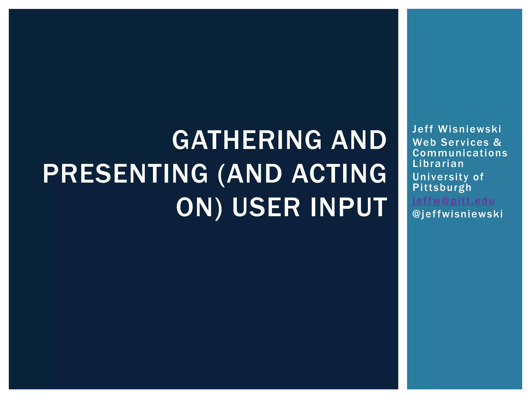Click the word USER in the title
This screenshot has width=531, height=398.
click(266, 207)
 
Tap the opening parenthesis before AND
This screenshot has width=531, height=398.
click(221, 175)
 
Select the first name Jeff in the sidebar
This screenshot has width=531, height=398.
click(423, 129)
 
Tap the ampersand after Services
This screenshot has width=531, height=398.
click(497, 142)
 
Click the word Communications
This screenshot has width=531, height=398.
click(460, 153)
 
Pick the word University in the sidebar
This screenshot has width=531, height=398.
click(441, 177)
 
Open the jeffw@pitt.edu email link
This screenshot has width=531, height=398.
click(454, 201)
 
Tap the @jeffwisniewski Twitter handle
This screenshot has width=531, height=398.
click(458, 214)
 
